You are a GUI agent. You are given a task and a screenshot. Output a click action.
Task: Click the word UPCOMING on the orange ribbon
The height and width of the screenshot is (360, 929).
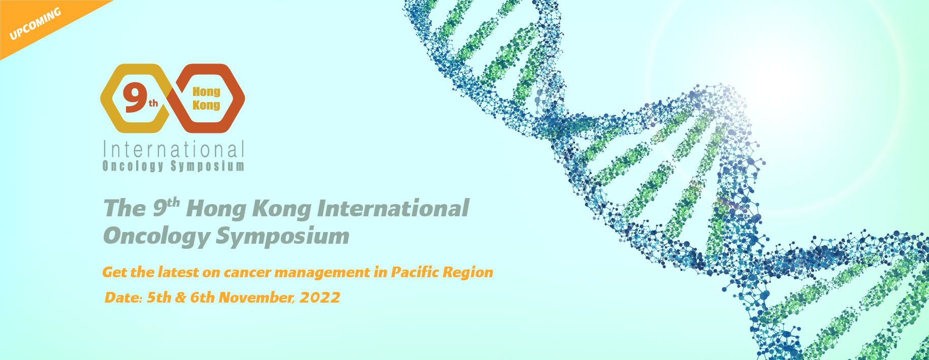35,24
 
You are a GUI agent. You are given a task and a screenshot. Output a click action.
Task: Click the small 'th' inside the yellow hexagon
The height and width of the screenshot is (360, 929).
153,104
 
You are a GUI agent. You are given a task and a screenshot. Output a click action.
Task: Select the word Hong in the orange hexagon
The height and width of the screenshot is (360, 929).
206,92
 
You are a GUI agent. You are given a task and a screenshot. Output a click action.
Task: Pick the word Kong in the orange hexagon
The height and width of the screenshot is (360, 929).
206,105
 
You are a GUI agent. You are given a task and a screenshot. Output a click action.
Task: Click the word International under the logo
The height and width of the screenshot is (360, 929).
174,150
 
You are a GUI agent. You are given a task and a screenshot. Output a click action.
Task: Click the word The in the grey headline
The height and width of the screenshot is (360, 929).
125,209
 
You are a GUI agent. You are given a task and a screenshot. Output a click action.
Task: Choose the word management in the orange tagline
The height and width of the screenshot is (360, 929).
323,273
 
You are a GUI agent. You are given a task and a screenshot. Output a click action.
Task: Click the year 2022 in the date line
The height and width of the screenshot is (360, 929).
320,298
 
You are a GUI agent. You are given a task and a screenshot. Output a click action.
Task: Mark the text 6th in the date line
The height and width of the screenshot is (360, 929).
202,298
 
